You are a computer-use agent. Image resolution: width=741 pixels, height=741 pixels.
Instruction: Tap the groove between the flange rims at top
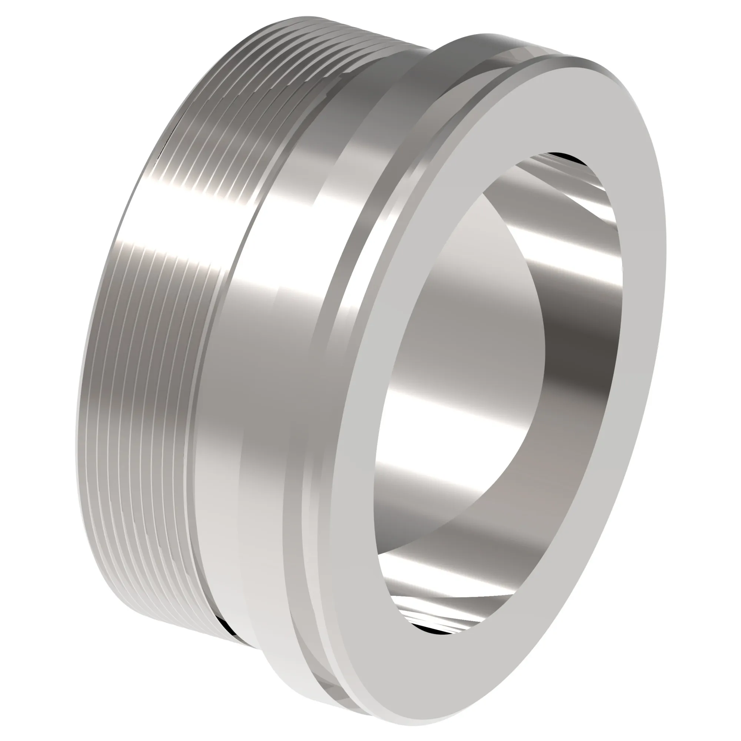coord(510,57)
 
